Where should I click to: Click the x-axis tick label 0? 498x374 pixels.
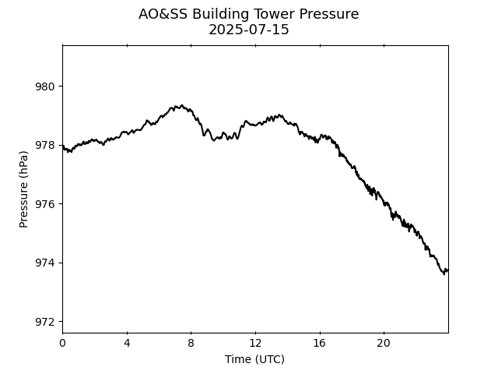pos(62,343)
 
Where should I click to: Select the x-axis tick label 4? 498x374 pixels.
pos(127,343)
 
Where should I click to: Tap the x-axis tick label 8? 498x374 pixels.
pos(191,343)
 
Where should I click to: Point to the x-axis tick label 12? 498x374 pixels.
pos(255,343)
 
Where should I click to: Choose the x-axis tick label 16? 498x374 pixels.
pos(319,343)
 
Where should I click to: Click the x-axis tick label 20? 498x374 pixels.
pos(384,343)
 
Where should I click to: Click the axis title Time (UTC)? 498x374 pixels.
pos(254,359)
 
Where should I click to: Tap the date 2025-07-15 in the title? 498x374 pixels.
pos(249,30)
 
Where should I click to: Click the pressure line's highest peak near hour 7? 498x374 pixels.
pos(181,105)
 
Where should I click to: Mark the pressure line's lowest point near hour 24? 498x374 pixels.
pos(444,274)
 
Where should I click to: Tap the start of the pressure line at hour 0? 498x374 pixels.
pos(63,146)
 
